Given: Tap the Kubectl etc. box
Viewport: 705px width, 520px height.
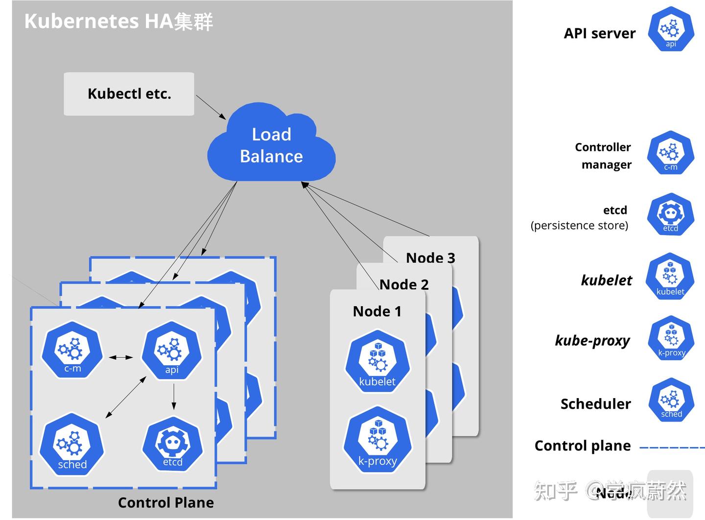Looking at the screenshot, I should (x=129, y=94).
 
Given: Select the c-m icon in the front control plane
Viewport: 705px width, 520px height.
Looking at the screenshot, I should (x=72, y=350).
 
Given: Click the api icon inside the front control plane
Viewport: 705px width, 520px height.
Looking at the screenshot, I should (x=171, y=350).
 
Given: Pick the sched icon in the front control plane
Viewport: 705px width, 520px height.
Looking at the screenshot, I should (x=72, y=445).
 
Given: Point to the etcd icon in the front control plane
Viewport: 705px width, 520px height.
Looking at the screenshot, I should (x=172, y=444).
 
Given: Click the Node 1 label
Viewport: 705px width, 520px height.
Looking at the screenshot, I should (x=377, y=311).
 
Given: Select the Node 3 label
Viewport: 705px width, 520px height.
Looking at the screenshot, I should (x=430, y=258).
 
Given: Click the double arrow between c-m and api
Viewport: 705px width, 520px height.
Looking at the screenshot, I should (x=121, y=357).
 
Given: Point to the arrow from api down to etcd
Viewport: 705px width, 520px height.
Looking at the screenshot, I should (x=174, y=397).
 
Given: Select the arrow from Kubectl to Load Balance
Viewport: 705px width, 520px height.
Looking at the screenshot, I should (x=211, y=107).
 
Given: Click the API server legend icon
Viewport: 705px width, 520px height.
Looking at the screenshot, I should (x=671, y=29).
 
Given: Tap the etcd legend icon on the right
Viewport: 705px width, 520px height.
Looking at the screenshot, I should (x=670, y=214).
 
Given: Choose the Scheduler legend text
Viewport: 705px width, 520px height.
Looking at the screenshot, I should (x=595, y=404).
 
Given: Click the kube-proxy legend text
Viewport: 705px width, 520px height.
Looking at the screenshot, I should (x=592, y=340).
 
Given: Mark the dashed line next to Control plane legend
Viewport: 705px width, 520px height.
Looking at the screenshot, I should (x=672, y=448).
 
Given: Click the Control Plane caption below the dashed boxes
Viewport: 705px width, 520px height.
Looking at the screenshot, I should (x=165, y=503).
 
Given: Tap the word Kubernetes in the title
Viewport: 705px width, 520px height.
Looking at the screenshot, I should (x=81, y=22).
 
